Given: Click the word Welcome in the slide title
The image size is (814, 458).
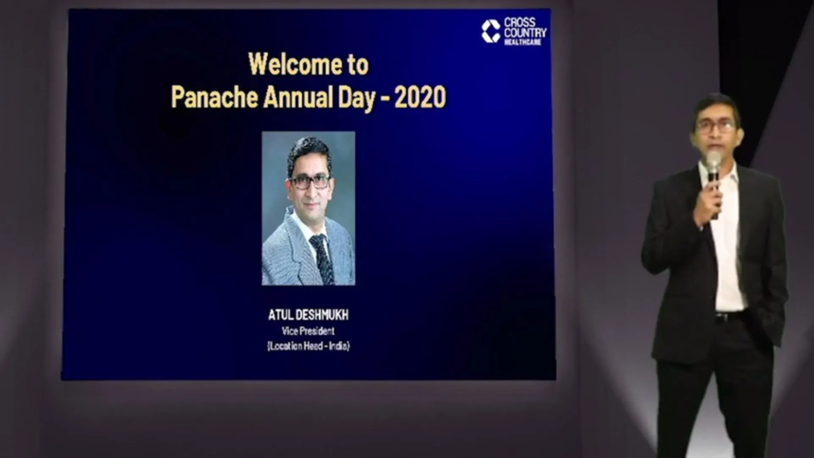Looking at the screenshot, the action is [x=295, y=64].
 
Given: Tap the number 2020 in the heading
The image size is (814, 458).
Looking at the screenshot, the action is [x=420, y=97].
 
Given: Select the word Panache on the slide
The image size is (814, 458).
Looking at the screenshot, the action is [x=215, y=97].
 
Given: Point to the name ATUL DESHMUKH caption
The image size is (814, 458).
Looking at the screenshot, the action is [x=308, y=315].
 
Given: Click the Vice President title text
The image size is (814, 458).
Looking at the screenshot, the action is [x=308, y=331].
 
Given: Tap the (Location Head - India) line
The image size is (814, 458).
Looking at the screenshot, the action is [x=308, y=346].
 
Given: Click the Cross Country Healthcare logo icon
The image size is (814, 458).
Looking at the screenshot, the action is [x=491, y=31].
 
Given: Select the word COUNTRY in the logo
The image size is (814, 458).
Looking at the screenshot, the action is [x=525, y=33].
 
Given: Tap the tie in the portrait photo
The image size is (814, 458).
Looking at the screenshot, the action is [x=322, y=259].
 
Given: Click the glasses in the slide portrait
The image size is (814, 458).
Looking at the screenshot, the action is [x=309, y=182].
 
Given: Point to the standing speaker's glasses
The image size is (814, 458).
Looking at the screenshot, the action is [x=716, y=126].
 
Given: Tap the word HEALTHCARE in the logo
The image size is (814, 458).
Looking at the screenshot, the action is [x=523, y=42].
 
